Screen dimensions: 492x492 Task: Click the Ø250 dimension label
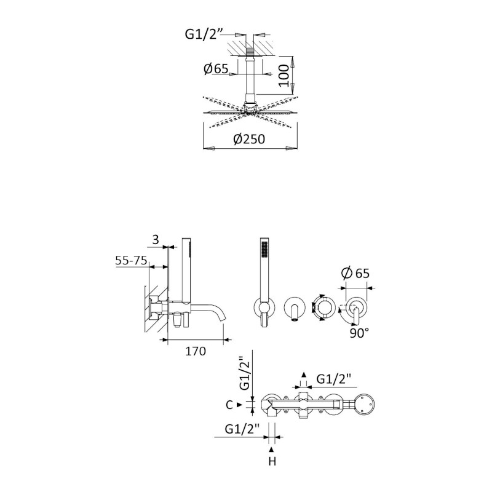tap(249, 139)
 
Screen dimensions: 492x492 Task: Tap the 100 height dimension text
tap(284, 76)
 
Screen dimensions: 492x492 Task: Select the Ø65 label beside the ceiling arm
tap(216, 68)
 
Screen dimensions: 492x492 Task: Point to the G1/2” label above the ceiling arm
tap(201, 34)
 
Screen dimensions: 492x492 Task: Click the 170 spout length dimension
tap(196, 351)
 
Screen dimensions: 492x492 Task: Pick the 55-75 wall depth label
tap(131, 260)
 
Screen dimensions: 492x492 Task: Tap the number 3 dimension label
tap(156, 240)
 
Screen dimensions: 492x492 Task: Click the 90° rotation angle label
tap(359, 333)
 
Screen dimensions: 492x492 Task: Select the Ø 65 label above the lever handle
tap(355, 273)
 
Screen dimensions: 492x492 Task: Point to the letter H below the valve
tap(272, 462)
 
